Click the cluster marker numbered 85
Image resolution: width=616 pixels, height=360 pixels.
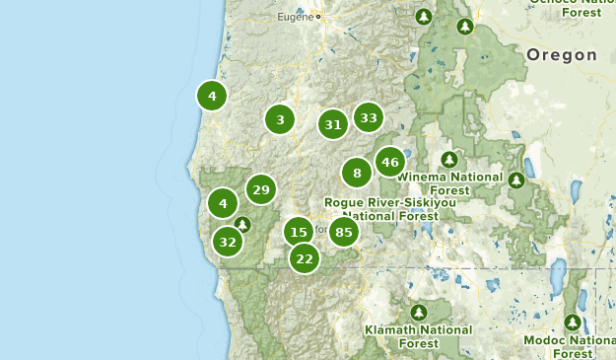343,233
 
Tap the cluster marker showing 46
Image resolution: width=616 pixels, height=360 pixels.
390,162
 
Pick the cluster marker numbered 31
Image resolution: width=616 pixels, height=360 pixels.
333,124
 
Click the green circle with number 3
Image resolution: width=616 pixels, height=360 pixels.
280,120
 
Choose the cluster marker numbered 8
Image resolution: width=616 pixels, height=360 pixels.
357,174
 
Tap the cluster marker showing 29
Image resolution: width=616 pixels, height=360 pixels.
261,189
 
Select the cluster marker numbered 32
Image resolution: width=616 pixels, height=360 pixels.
228,241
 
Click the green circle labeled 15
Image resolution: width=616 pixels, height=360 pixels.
299,232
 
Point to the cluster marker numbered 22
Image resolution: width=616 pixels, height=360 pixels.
305,258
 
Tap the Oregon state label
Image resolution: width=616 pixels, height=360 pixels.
562,55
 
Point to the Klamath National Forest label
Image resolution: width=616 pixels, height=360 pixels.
418,336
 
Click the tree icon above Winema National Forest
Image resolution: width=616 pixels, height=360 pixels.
449,159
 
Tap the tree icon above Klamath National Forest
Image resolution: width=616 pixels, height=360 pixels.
418,312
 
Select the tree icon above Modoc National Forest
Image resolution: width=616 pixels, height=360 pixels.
573,322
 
